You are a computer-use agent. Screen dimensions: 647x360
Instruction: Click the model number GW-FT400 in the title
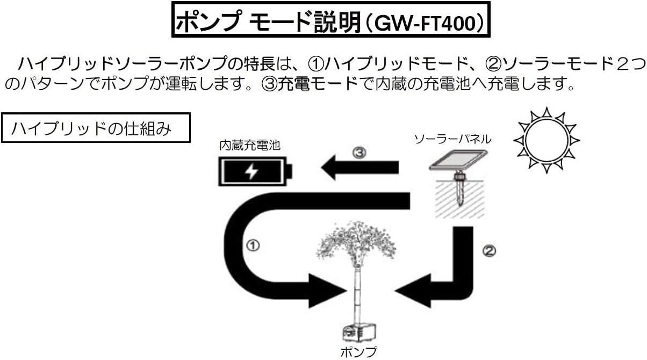pos(425,23)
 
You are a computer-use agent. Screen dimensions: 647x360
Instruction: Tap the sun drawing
pos(547,140)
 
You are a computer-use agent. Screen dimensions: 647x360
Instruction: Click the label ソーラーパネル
pos(453,140)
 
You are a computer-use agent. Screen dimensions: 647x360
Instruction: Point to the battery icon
pos(255,171)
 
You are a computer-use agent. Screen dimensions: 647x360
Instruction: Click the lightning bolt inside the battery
pos(251,171)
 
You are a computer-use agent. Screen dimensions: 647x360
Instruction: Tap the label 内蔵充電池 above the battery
pos(250,146)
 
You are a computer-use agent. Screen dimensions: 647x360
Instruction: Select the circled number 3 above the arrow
pos(360,153)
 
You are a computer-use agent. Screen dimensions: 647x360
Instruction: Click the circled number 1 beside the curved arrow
pos(253,246)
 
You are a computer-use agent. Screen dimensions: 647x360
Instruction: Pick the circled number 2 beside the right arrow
pos(490,250)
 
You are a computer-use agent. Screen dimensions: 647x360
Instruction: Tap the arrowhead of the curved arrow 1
pos(327,291)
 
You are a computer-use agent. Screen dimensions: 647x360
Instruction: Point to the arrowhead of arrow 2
pos(413,291)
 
